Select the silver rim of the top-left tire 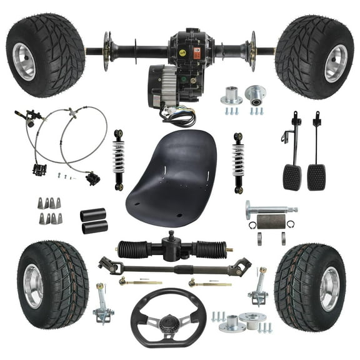(24, 61)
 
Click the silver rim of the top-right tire (336, 63)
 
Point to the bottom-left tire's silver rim (32, 286)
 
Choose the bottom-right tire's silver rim (329, 288)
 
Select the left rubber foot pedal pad (292, 176)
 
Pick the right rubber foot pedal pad (316, 176)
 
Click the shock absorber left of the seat (118, 159)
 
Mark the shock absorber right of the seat (238, 162)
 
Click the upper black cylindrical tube (93, 214)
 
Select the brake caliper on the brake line (92, 179)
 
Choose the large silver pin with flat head (269, 209)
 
